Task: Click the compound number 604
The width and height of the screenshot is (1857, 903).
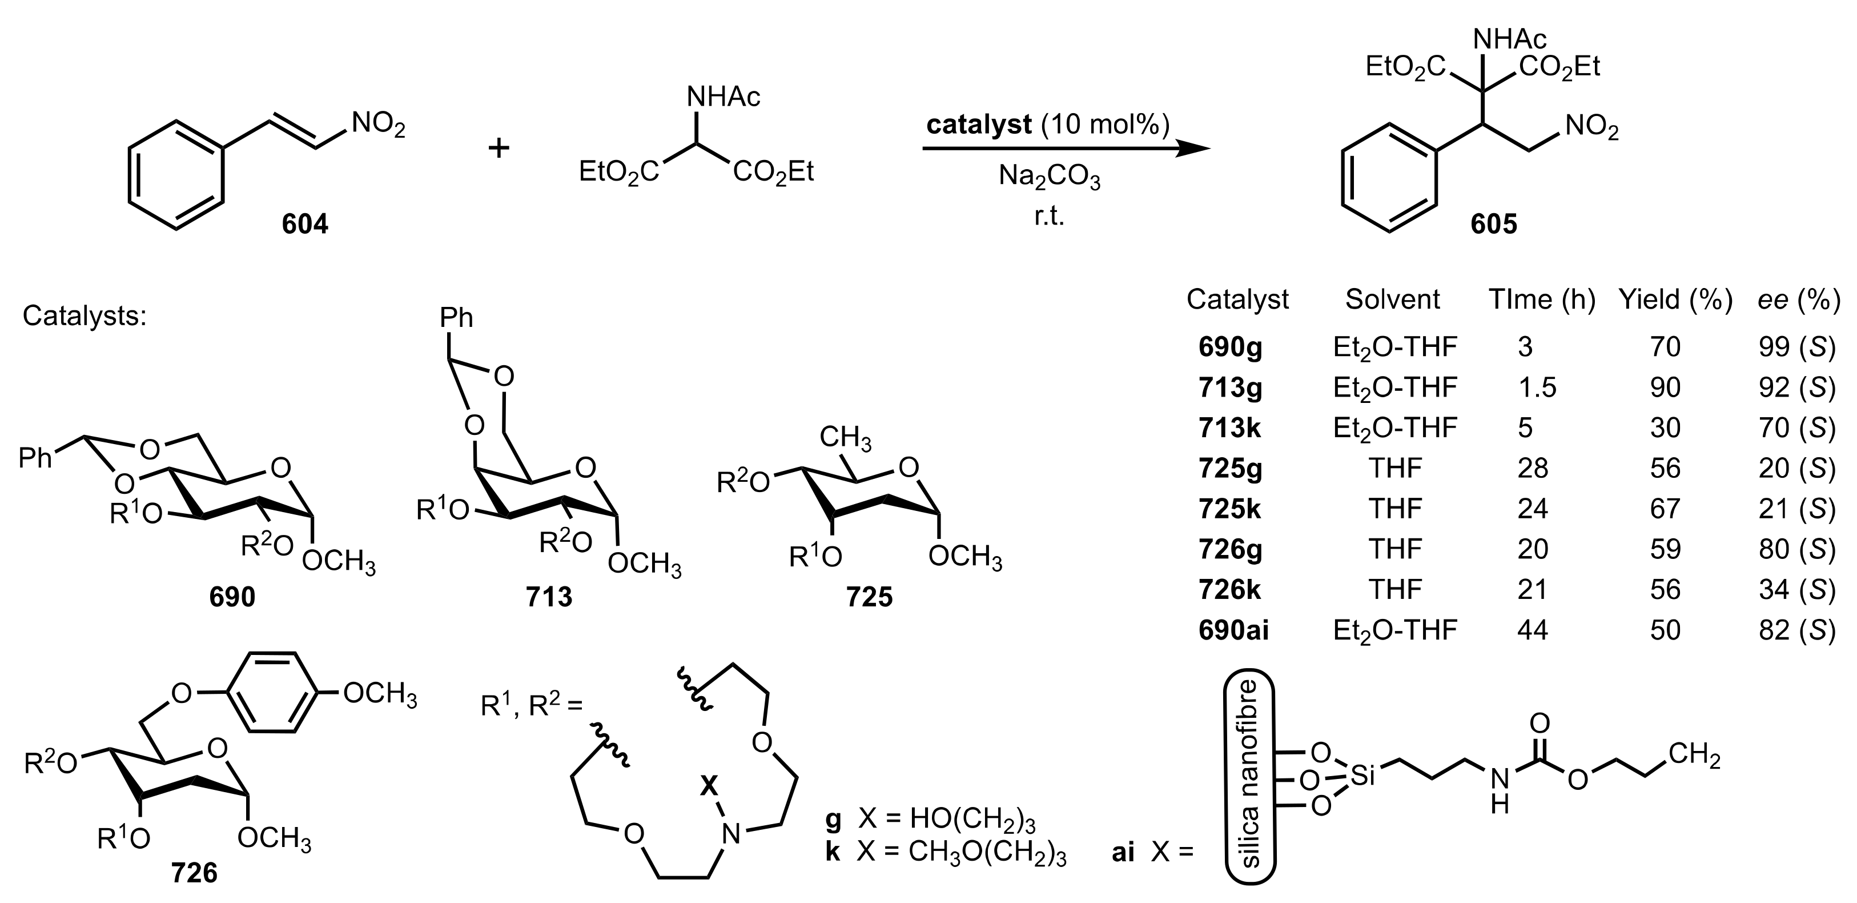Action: tap(305, 224)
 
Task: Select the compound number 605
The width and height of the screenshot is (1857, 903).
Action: tap(1494, 224)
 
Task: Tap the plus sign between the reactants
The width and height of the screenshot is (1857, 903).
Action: tap(499, 148)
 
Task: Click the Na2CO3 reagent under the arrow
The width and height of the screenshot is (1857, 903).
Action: tap(1049, 177)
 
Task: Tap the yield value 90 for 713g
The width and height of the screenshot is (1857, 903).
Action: tap(1665, 387)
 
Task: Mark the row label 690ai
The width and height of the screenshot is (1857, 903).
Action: tap(1233, 630)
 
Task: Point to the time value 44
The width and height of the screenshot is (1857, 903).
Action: tap(1533, 630)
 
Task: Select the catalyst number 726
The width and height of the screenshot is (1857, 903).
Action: tap(195, 873)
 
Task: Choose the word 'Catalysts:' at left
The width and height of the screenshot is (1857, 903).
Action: tap(85, 315)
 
